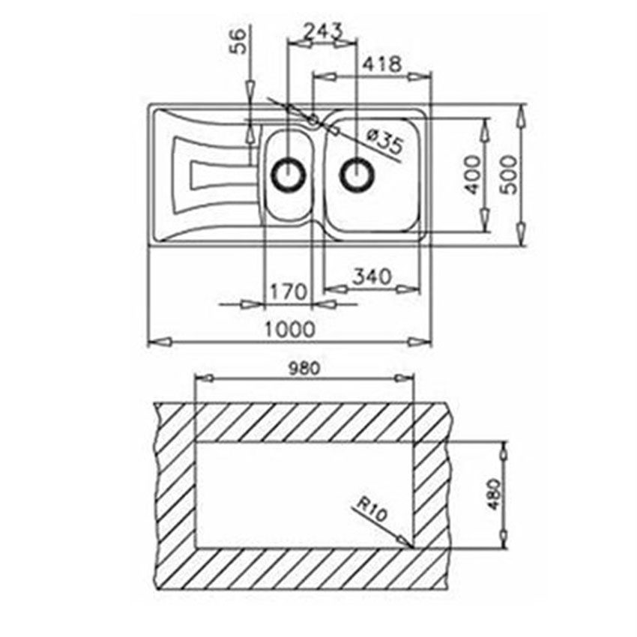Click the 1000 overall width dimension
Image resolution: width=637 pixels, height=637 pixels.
[290, 329]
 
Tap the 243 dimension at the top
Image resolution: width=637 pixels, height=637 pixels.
[324, 31]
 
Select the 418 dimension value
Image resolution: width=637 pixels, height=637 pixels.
[382, 64]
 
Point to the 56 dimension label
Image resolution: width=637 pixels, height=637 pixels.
[240, 40]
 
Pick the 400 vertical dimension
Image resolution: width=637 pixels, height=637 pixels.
[471, 175]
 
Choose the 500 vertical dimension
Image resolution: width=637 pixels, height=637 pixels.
[510, 175]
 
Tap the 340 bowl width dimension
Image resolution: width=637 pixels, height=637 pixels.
[372, 277]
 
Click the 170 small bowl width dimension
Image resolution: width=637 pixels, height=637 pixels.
[289, 292]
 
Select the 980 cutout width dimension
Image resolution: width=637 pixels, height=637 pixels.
[304, 369]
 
